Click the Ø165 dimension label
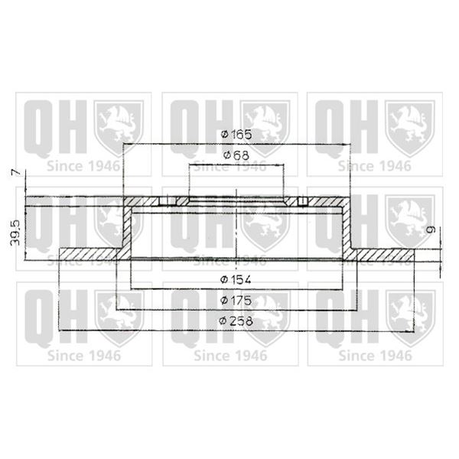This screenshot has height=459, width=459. pos(236,135)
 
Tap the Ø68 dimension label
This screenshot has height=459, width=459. pos(236,155)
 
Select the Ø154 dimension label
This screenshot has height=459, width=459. pos(236,280)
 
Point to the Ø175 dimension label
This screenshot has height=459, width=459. pos(236,301)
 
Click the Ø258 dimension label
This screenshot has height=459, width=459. pos(236,321)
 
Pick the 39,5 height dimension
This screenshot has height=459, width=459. pos(15,233)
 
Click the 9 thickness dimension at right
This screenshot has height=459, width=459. pos(431,229)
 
